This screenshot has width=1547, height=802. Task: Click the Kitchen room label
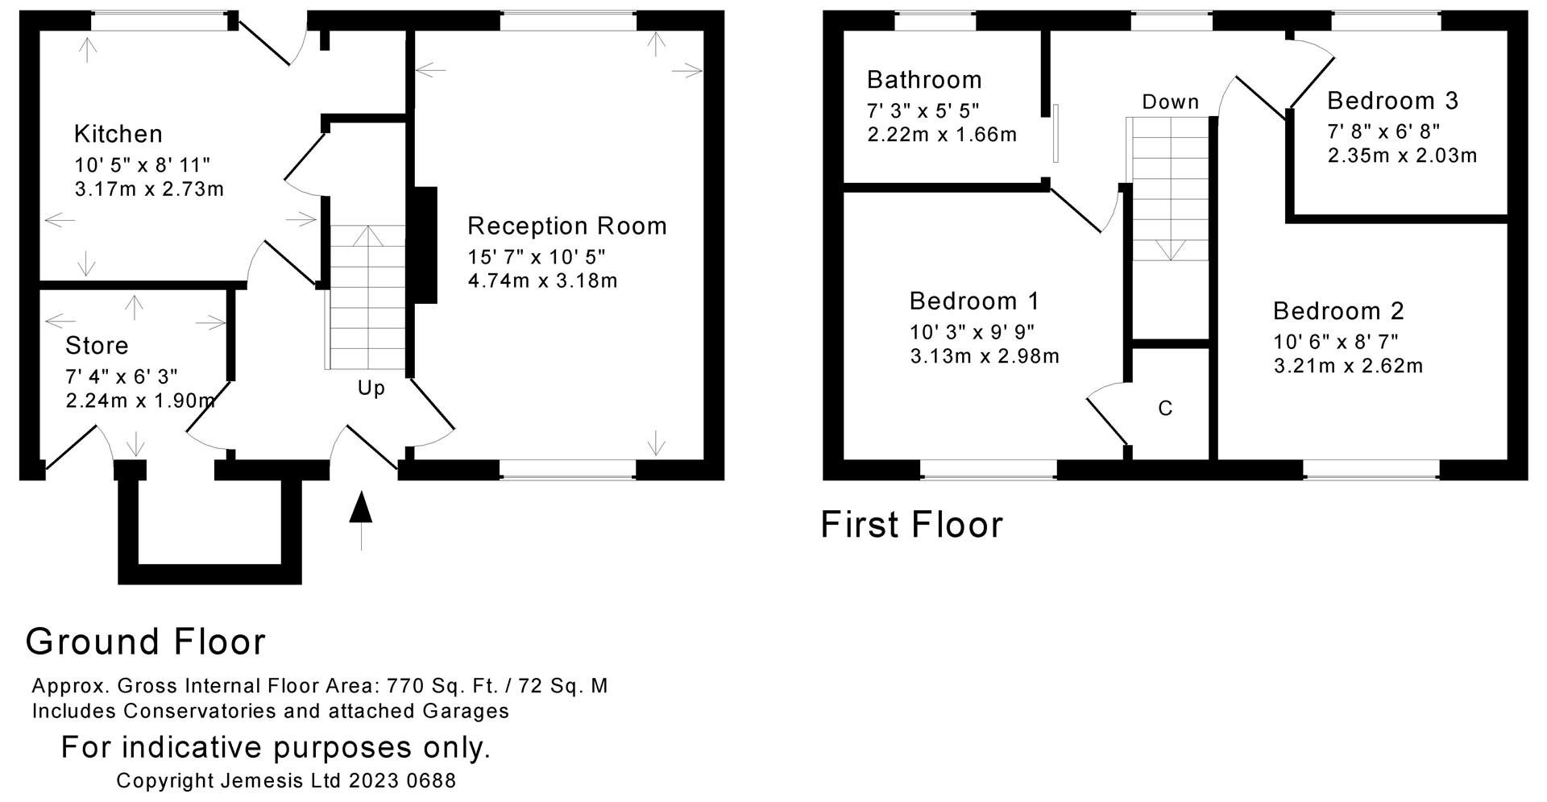pos(118,134)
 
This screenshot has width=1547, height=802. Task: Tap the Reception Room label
pos(567,226)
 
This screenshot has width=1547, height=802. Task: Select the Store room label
pos(97,346)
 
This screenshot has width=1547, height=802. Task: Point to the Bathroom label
pos(924,80)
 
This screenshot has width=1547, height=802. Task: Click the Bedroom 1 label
pos(974,301)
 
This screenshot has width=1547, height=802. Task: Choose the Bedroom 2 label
pos(1338,311)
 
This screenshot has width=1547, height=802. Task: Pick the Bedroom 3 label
pos(1392,101)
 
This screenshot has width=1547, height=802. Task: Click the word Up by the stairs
pos(371,389)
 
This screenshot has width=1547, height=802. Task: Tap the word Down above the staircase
pos(1171,102)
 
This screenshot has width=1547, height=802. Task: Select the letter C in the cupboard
pos(1165,409)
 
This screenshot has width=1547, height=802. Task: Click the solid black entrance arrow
pos(361,508)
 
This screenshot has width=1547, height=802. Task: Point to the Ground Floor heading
pos(146,642)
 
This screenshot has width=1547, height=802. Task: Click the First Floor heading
pos(912,525)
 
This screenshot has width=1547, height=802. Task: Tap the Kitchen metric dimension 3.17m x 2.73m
pos(149,190)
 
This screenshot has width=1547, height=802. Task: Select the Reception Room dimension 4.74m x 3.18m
pos(542,281)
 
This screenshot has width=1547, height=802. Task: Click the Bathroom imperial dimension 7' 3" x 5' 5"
pos(923,110)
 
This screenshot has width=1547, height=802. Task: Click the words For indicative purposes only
pos(276,748)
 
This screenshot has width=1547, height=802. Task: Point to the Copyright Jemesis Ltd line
pos(286,781)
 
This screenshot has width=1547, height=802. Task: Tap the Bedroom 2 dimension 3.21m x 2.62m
pos(1348,366)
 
